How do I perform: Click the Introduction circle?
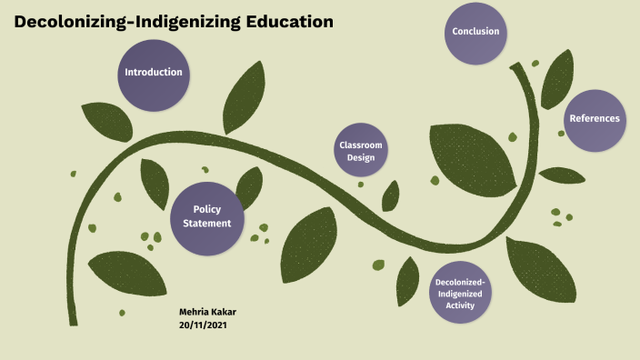pyautogui.click(x=153, y=73)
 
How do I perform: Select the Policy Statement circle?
pyautogui.click(x=207, y=216)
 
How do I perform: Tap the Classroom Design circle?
pyautogui.click(x=361, y=150)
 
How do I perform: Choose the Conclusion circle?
pyautogui.click(x=476, y=32)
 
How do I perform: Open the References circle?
pyautogui.click(x=594, y=118)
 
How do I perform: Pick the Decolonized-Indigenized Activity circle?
pyautogui.click(x=461, y=294)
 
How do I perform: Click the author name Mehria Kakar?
pyautogui.click(x=208, y=311)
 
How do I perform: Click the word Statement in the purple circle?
pyautogui.click(x=207, y=224)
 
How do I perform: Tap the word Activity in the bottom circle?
pyautogui.click(x=461, y=306)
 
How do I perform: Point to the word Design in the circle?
pyautogui.click(x=361, y=157)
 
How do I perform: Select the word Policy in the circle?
pyautogui.click(x=207, y=210)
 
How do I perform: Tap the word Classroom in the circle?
pyautogui.click(x=361, y=145)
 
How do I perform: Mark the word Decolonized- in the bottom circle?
pyautogui.click(x=461, y=282)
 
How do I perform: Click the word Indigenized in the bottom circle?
pyautogui.click(x=461, y=294)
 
